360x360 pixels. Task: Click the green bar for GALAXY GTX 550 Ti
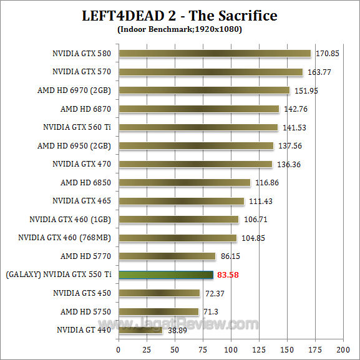click(x=166, y=275)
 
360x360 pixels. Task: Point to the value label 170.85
click(x=327, y=54)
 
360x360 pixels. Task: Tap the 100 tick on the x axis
click(x=231, y=348)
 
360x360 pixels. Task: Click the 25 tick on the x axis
click(x=147, y=348)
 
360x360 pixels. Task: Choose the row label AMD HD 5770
click(x=85, y=256)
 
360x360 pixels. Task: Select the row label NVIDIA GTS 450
click(x=82, y=293)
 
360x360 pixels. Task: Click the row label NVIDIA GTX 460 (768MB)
click(x=64, y=238)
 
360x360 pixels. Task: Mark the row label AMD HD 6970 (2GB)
click(x=74, y=90)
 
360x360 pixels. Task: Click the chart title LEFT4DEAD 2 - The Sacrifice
click(x=180, y=15)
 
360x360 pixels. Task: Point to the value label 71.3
click(x=211, y=311)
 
